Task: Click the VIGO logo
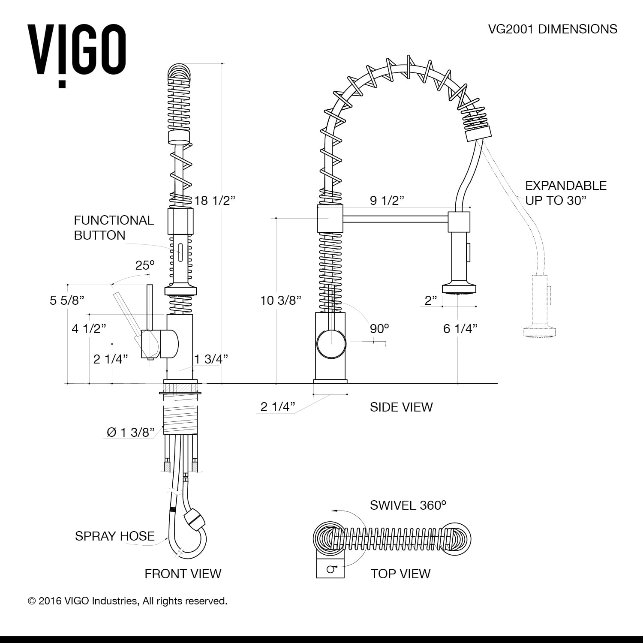(77, 54)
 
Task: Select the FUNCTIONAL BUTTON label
(114, 228)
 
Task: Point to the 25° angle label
(145, 265)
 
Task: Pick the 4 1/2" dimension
(89, 329)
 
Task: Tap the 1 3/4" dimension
(211, 359)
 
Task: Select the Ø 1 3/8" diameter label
(130, 433)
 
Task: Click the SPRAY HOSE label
(115, 536)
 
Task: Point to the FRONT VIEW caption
(183, 574)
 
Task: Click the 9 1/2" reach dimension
(387, 200)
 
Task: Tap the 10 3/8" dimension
(281, 300)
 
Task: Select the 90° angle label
(379, 329)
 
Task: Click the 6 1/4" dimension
(460, 329)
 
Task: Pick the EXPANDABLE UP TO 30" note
(566, 193)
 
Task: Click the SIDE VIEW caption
(401, 407)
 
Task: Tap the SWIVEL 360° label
(408, 505)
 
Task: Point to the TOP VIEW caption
(400, 574)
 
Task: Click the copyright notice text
(127, 601)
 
